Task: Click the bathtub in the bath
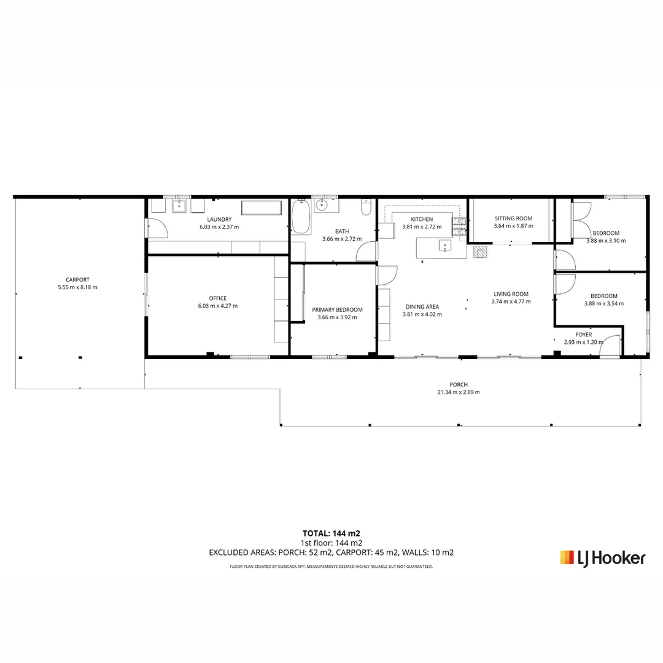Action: pyautogui.click(x=301, y=217)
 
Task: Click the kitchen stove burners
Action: pyautogui.click(x=459, y=227)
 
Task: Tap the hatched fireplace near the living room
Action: pyautogui.click(x=480, y=251)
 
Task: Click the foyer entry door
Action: pyautogui.click(x=610, y=347)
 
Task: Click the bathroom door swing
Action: pyautogui.click(x=367, y=252)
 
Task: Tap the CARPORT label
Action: pyautogui.click(x=77, y=280)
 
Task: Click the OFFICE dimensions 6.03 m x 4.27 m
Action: pyautogui.click(x=217, y=306)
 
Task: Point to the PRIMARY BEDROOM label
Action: pyautogui.click(x=337, y=310)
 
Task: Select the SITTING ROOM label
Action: pyautogui.click(x=513, y=219)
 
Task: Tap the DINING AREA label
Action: pyautogui.click(x=422, y=307)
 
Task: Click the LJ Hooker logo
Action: pyautogui.click(x=602, y=557)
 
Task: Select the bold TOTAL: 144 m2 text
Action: pyautogui.click(x=331, y=533)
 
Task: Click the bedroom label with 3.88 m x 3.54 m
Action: pyautogui.click(x=603, y=296)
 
